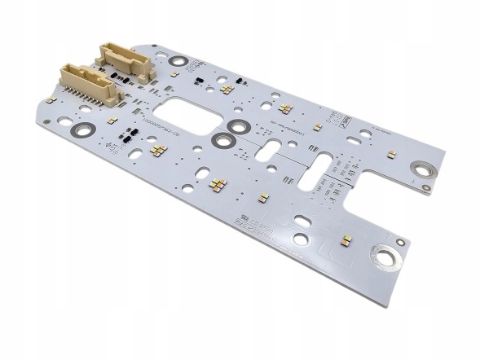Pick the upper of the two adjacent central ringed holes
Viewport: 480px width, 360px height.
(238, 127)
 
